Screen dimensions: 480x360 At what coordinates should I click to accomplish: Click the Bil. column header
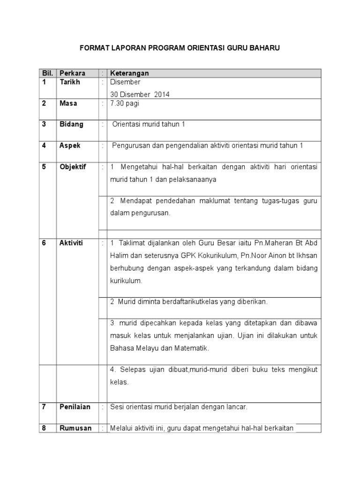click(47, 73)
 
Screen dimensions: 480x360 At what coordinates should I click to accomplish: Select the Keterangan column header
click(129, 73)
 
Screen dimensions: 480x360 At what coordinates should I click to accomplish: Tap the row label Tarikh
click(70, 82)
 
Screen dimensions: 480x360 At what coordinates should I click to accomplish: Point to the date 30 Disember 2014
click(140, 94)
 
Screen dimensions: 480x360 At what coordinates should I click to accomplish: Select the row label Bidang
click(72, 124)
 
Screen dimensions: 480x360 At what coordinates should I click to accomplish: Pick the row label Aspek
click(70, 145)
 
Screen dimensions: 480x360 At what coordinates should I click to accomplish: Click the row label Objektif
click(73, 167)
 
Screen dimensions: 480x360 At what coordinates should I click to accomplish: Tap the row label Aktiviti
click(71, 243)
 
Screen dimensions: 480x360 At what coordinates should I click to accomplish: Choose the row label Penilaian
click(75, 407)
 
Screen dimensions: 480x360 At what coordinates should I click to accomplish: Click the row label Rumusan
click(75, 428)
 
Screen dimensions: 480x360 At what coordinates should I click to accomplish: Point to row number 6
click(44, 243)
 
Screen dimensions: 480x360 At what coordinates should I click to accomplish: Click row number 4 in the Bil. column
click(44, 145)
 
